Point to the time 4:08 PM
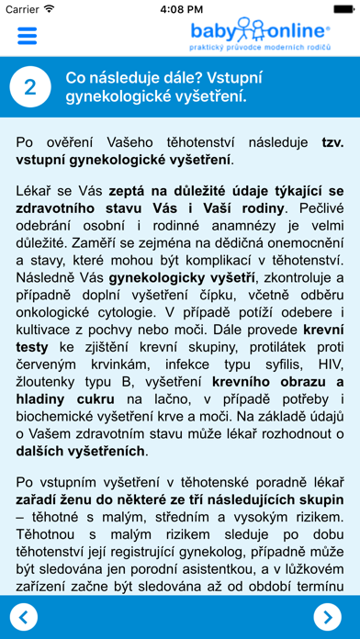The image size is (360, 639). [179, 8]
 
